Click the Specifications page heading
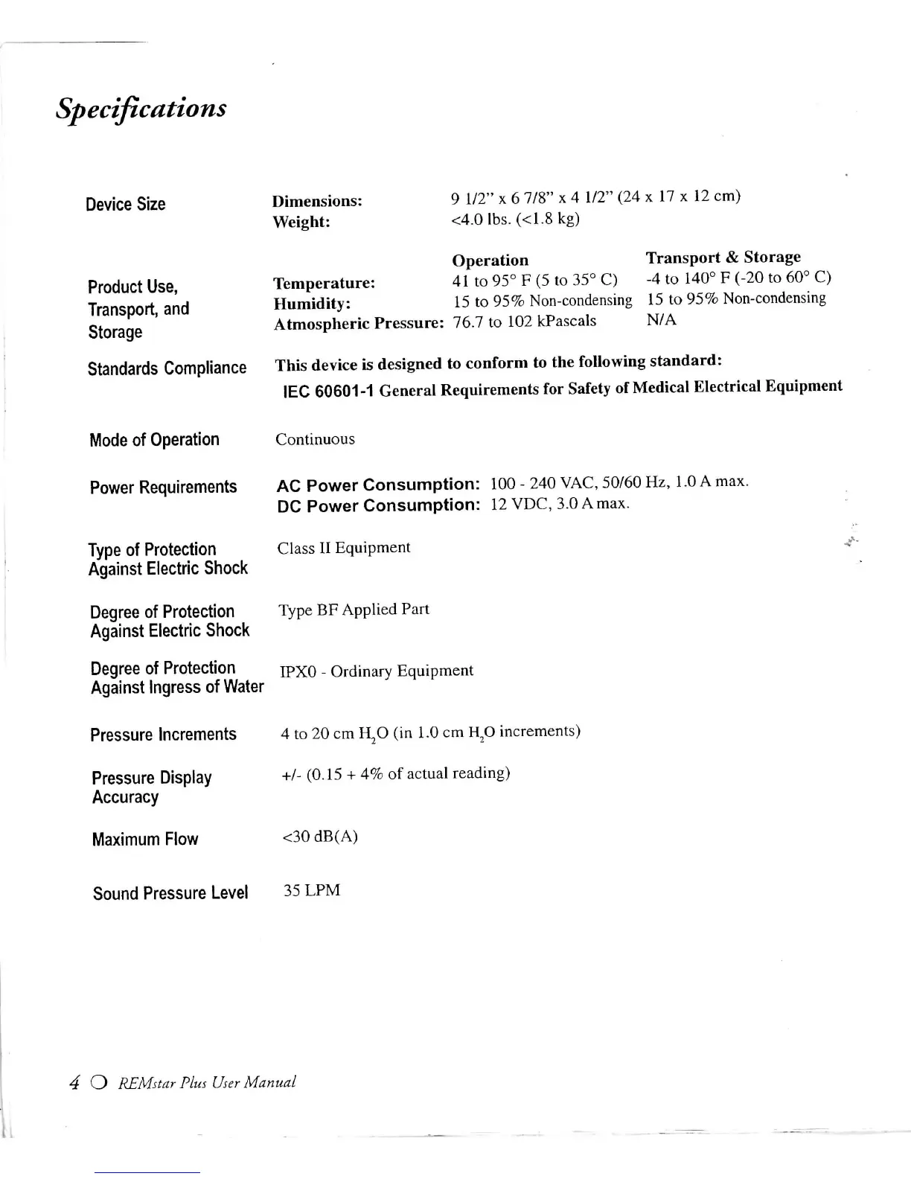[x=141, y=109]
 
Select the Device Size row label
[x=125, y=204]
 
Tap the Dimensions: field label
[x=317, y=201]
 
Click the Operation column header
[x=490, y=261]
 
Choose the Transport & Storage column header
[x=723, y=258]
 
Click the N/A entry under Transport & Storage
[x=661, y=320]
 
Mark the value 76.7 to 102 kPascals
[x=525, y=321]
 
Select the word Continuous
[x=315, y=439]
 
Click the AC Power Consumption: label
[x=377, y=485]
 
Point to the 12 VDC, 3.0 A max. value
[x=560, y=504]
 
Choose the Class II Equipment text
[x=343, y=548]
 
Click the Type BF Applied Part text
[x=354, y=610]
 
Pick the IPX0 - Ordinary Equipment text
[x=376, y=671]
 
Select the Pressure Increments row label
[x=163, y=735]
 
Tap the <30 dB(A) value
[x=320, y=837]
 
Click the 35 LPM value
[x=312, y=890]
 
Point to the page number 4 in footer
[x=74, y=1083]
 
